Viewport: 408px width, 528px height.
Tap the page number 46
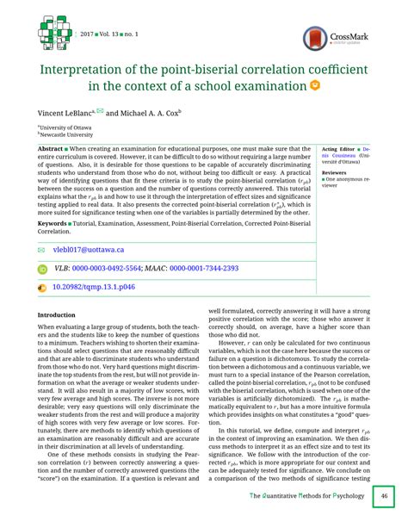(x=384, y=497)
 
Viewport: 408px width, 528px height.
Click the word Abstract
(x=51, y=149)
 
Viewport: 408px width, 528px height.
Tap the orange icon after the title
(x=315, y=86)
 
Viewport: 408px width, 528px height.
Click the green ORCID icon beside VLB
(x=43, y=268)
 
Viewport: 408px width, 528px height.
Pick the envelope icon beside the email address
(x=42, y=249)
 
